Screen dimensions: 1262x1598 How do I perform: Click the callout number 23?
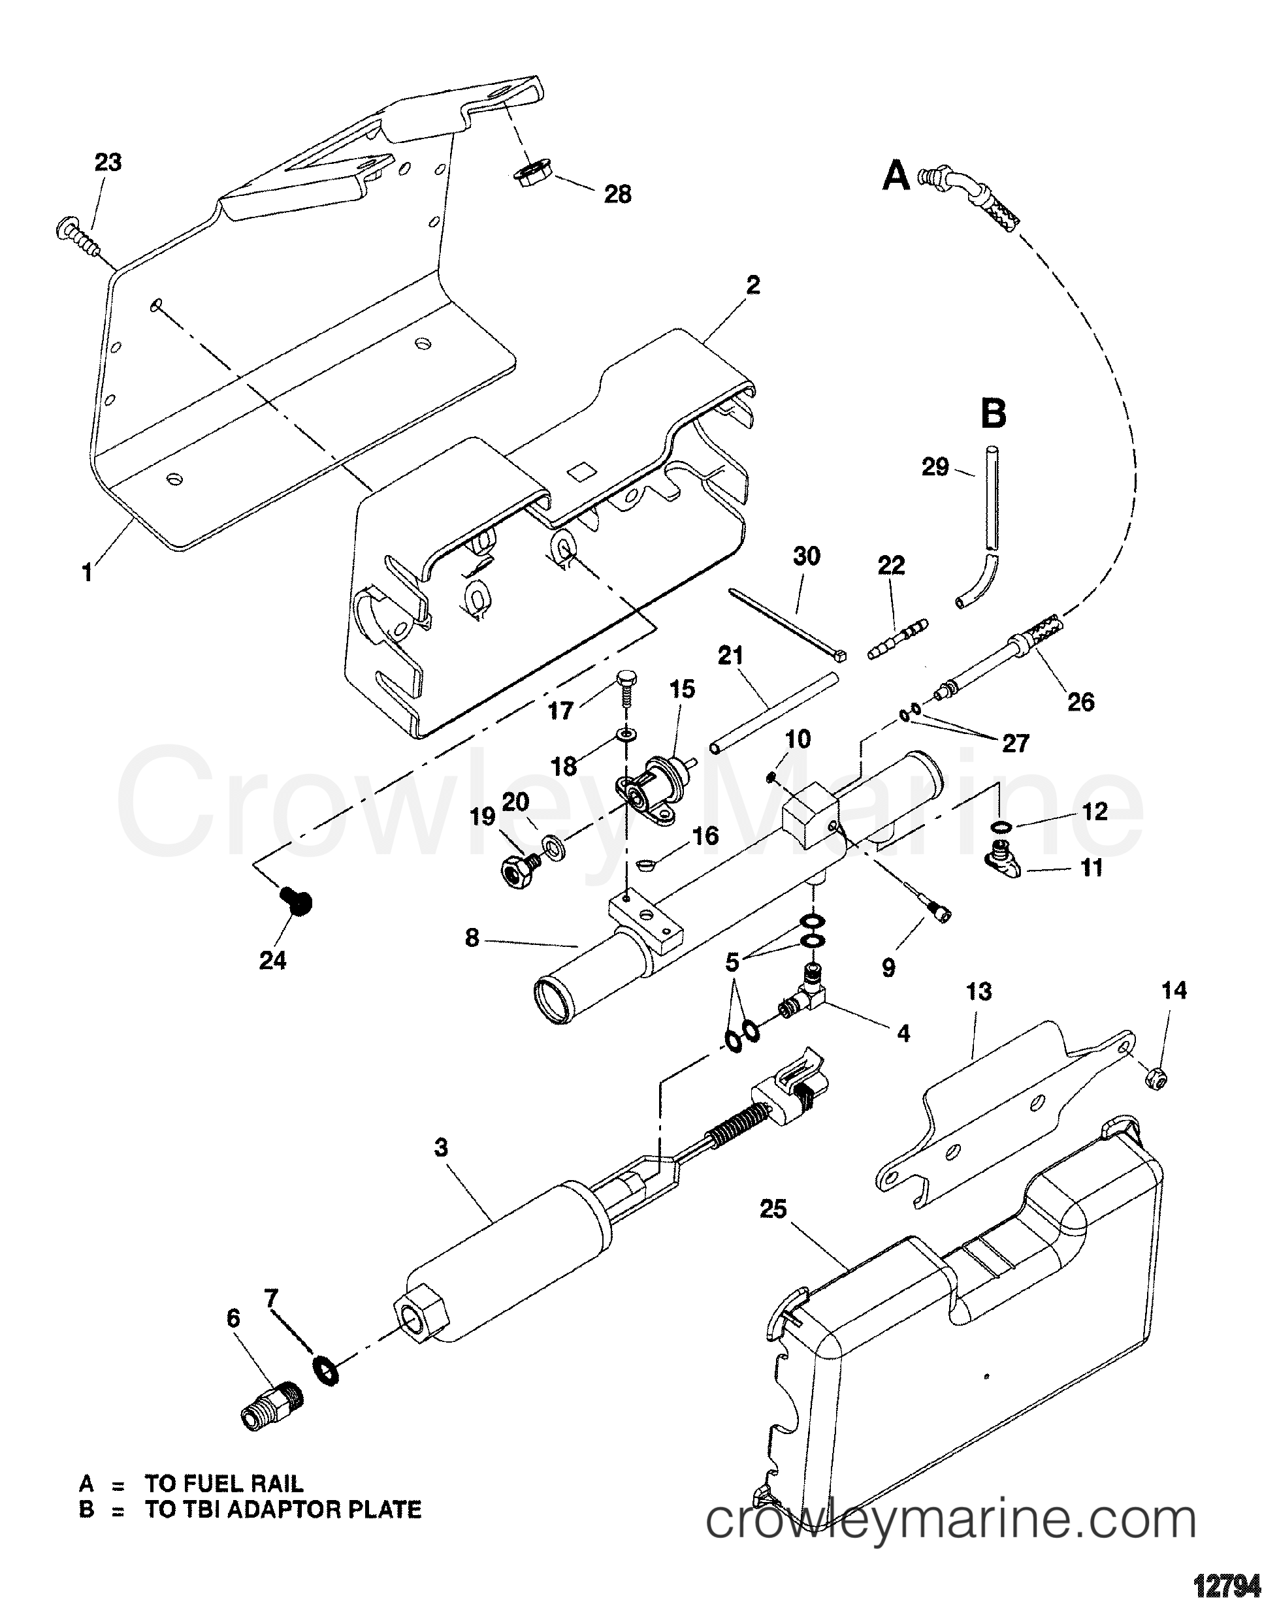pos(108,163)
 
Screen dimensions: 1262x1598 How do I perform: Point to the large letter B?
pos(994,415)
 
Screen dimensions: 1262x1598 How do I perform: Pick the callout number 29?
pos(935,468)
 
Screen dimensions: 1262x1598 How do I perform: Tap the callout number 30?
pos(806,556)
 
